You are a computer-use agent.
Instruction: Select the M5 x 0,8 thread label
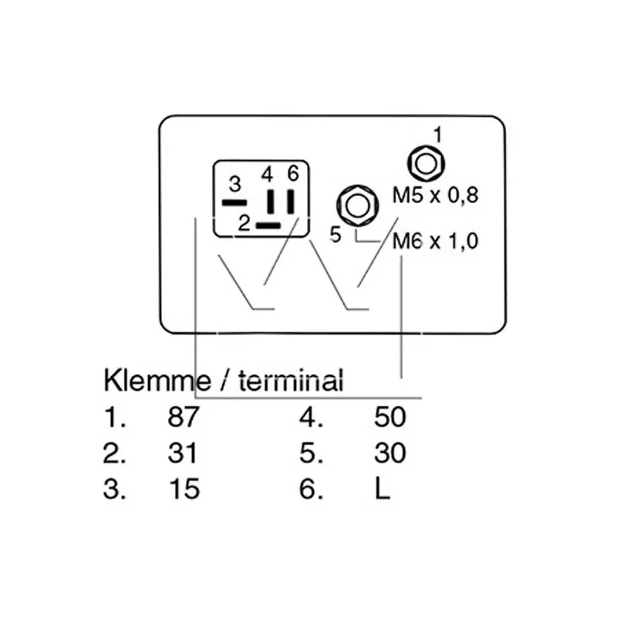pyautogui.click(x=436, y=196)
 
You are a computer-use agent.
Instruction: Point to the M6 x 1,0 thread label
pyautogui.click(x=436, y=241)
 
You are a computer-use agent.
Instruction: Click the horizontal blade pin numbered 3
pyautogui.click(x=234, y=203)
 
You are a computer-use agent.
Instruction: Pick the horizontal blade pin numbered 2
pyautogui.click(x=268, y=225)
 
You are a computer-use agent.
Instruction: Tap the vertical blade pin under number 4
pyautogui.click(x=271, y=201)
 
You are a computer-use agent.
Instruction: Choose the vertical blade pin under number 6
pyautogui.click(x=291, y=201)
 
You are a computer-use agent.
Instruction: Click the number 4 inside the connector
pyautogui.click(x=267, y=174)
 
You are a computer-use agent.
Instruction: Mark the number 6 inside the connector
pyautogui.click(x=293, y=173)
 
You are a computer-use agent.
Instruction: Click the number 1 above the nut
pyautogui.click(x=437, y=135)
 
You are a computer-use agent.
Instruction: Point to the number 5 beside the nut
pyautogui.click(x=335, y=235)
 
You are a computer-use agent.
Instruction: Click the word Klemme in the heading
pyautogui.click(x=157, y=380)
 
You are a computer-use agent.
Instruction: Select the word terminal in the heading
pyautogui.click(x=292, y=380)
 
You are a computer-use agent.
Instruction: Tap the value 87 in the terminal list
pyautogui.click(x=183, y=416)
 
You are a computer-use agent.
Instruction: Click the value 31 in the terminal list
pyautogui.click(x=182, y=453)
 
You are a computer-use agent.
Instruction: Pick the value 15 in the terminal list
pyautogui.click(x=184, y=489)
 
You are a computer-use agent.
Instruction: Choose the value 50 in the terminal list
pyautogui.click(x=389, y=416)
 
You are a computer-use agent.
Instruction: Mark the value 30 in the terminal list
pyautogui.click(x=389, y=453)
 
